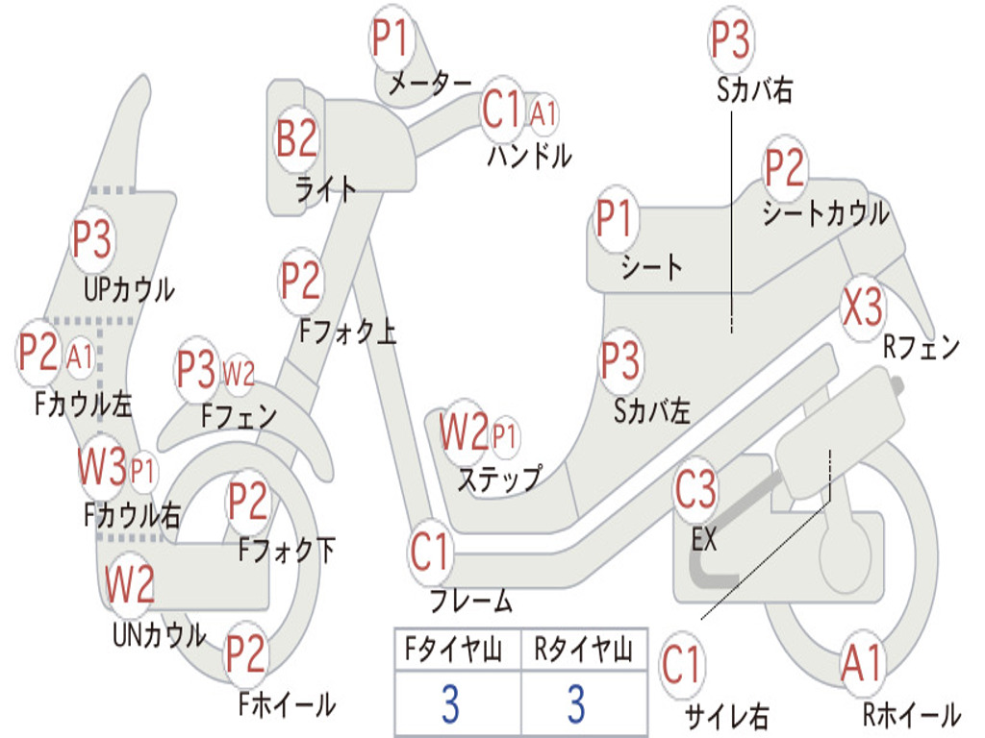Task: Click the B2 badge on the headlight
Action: (x=296, y=138)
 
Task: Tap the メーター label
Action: (x=429, y=85)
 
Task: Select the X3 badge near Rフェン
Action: (x=861, y=308)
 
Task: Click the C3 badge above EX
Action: (x=695, y=490)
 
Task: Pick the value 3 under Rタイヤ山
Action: (x=575, y=704)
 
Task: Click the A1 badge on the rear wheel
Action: (x=860, y=664)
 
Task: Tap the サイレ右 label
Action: (x=726, y=716)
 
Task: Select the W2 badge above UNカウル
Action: (x=130, y=584)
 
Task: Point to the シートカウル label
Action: (x=825, y=213)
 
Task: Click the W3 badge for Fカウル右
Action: (x=103, y=468)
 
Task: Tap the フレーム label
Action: (x=470, y=603)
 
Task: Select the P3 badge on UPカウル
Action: (x=92, y=239)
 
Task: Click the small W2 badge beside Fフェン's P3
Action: (x=239, y=373)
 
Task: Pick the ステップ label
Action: (x=498, y=478)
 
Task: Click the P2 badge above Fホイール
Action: (x=246, y=654)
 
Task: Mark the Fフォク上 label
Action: (x=347, y=332)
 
